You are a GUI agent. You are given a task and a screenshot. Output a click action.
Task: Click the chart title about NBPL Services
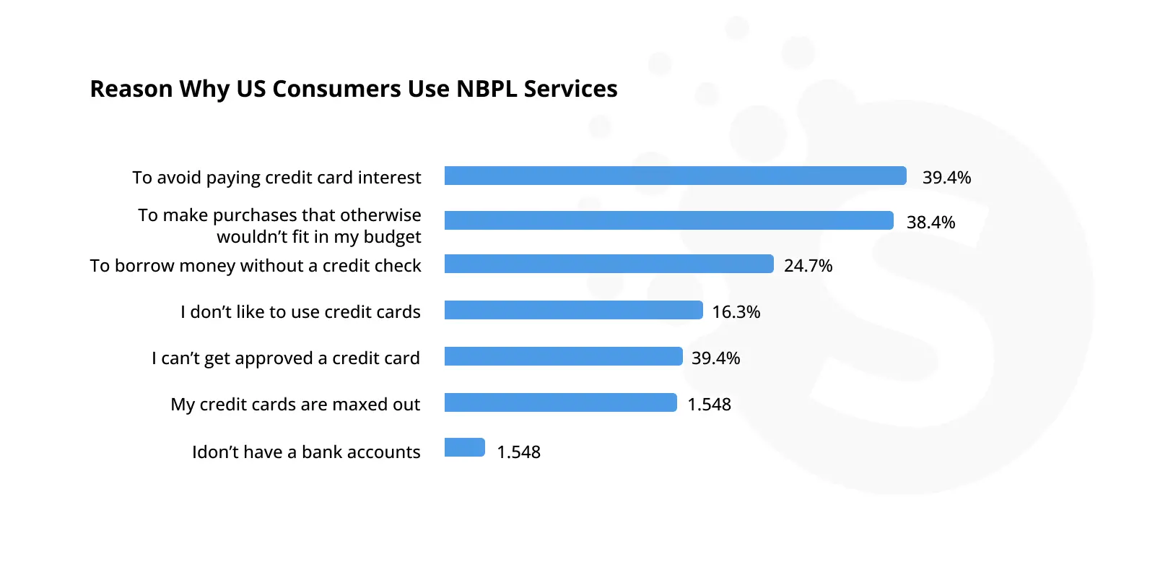[354, 89]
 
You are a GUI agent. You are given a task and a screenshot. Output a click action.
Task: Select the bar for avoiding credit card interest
[676, 176]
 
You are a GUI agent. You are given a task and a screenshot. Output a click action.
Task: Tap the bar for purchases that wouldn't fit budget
[668, 220]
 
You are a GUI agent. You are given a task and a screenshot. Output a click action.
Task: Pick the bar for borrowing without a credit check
[609, 264]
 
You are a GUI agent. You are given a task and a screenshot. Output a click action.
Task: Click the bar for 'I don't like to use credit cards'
[573, 310]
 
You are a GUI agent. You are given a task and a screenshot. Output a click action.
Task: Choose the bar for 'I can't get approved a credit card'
[564, 356]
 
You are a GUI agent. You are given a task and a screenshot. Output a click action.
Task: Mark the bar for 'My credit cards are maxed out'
[560, 402]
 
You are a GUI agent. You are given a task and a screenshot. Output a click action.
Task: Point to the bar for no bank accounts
[465, 447]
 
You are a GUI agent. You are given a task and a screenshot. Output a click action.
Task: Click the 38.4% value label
[930, 223]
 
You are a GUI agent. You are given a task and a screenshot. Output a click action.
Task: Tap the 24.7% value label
[808, 266]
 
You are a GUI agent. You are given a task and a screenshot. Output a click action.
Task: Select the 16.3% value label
[736, 312]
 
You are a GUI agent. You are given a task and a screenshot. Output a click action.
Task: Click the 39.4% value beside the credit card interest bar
[946, 178]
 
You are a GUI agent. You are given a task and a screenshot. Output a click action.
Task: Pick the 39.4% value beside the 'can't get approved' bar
[715, 358]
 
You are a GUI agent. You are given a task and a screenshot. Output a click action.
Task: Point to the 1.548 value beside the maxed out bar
[709, 405]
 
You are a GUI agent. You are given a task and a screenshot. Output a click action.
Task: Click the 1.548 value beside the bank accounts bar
[518, 452]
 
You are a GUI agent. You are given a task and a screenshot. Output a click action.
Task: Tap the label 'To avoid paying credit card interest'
[277, 178]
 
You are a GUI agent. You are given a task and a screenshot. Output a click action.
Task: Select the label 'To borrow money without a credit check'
[256, 266]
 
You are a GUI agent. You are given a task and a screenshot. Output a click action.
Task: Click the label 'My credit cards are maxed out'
[295, 405]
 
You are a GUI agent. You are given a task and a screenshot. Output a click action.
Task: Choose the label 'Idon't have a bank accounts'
[306, 452]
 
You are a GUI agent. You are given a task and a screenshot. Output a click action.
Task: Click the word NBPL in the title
[487, 89]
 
